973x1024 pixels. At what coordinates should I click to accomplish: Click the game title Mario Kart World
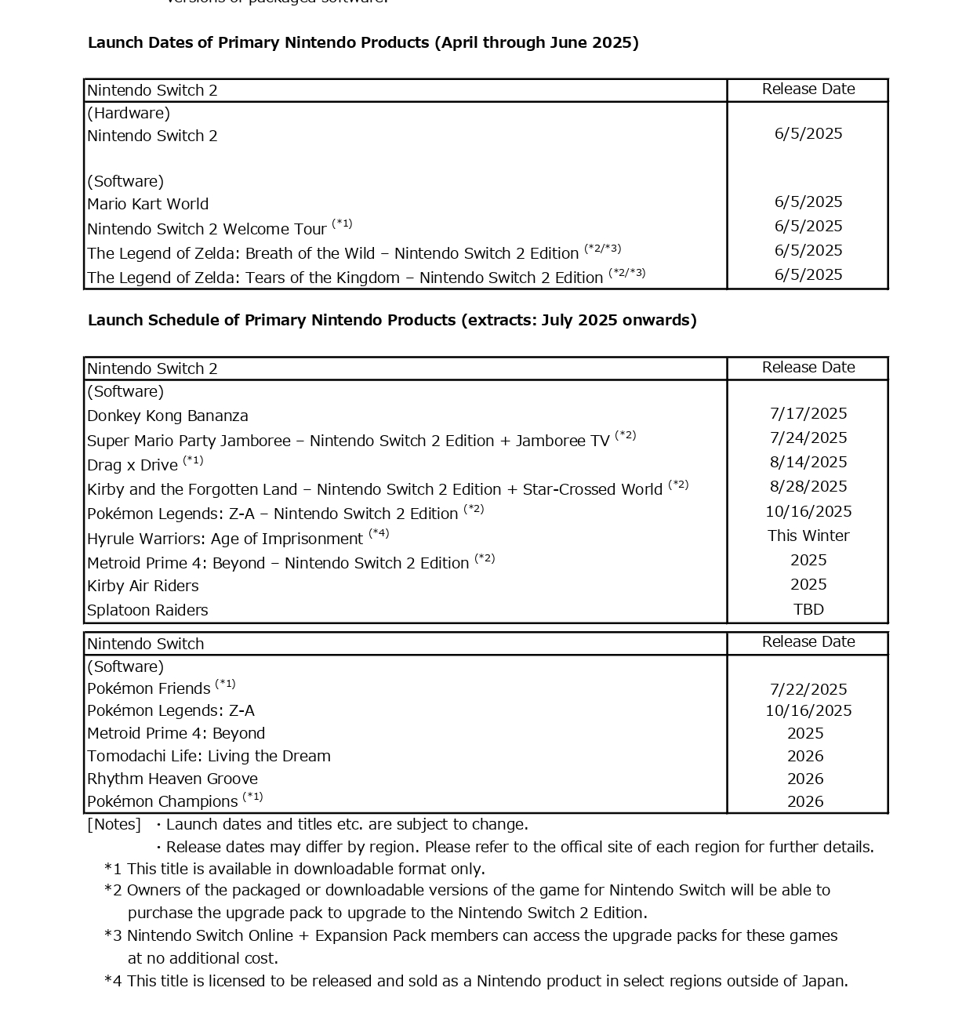148,204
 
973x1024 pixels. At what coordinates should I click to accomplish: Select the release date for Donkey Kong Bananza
808,413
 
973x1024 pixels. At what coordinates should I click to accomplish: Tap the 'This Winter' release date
808,536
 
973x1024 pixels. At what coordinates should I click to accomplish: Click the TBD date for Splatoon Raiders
808,609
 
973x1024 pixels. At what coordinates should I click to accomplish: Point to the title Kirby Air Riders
143,586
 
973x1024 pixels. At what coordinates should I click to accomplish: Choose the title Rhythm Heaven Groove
172,779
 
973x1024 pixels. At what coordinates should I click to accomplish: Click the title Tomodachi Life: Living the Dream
209,756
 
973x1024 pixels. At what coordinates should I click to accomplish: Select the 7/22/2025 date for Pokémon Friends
808,689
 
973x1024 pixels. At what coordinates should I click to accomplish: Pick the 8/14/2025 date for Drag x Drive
808,462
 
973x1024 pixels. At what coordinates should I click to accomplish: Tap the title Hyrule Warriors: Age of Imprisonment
225,539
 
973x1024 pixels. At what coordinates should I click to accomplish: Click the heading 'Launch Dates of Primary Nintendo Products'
363,42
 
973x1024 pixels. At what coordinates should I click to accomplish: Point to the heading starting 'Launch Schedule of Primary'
392,320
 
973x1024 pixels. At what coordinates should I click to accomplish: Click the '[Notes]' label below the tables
114,824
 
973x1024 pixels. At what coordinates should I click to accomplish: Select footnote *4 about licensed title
476,981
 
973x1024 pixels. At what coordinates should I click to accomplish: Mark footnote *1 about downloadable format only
295,869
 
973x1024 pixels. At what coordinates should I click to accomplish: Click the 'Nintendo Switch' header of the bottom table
146,644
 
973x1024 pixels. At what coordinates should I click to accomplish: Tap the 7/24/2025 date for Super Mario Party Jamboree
808,438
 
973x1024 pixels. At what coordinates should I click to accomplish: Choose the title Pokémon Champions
162,801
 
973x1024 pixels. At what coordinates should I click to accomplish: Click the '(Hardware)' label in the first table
129,113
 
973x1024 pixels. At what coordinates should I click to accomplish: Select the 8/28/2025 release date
808,486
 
